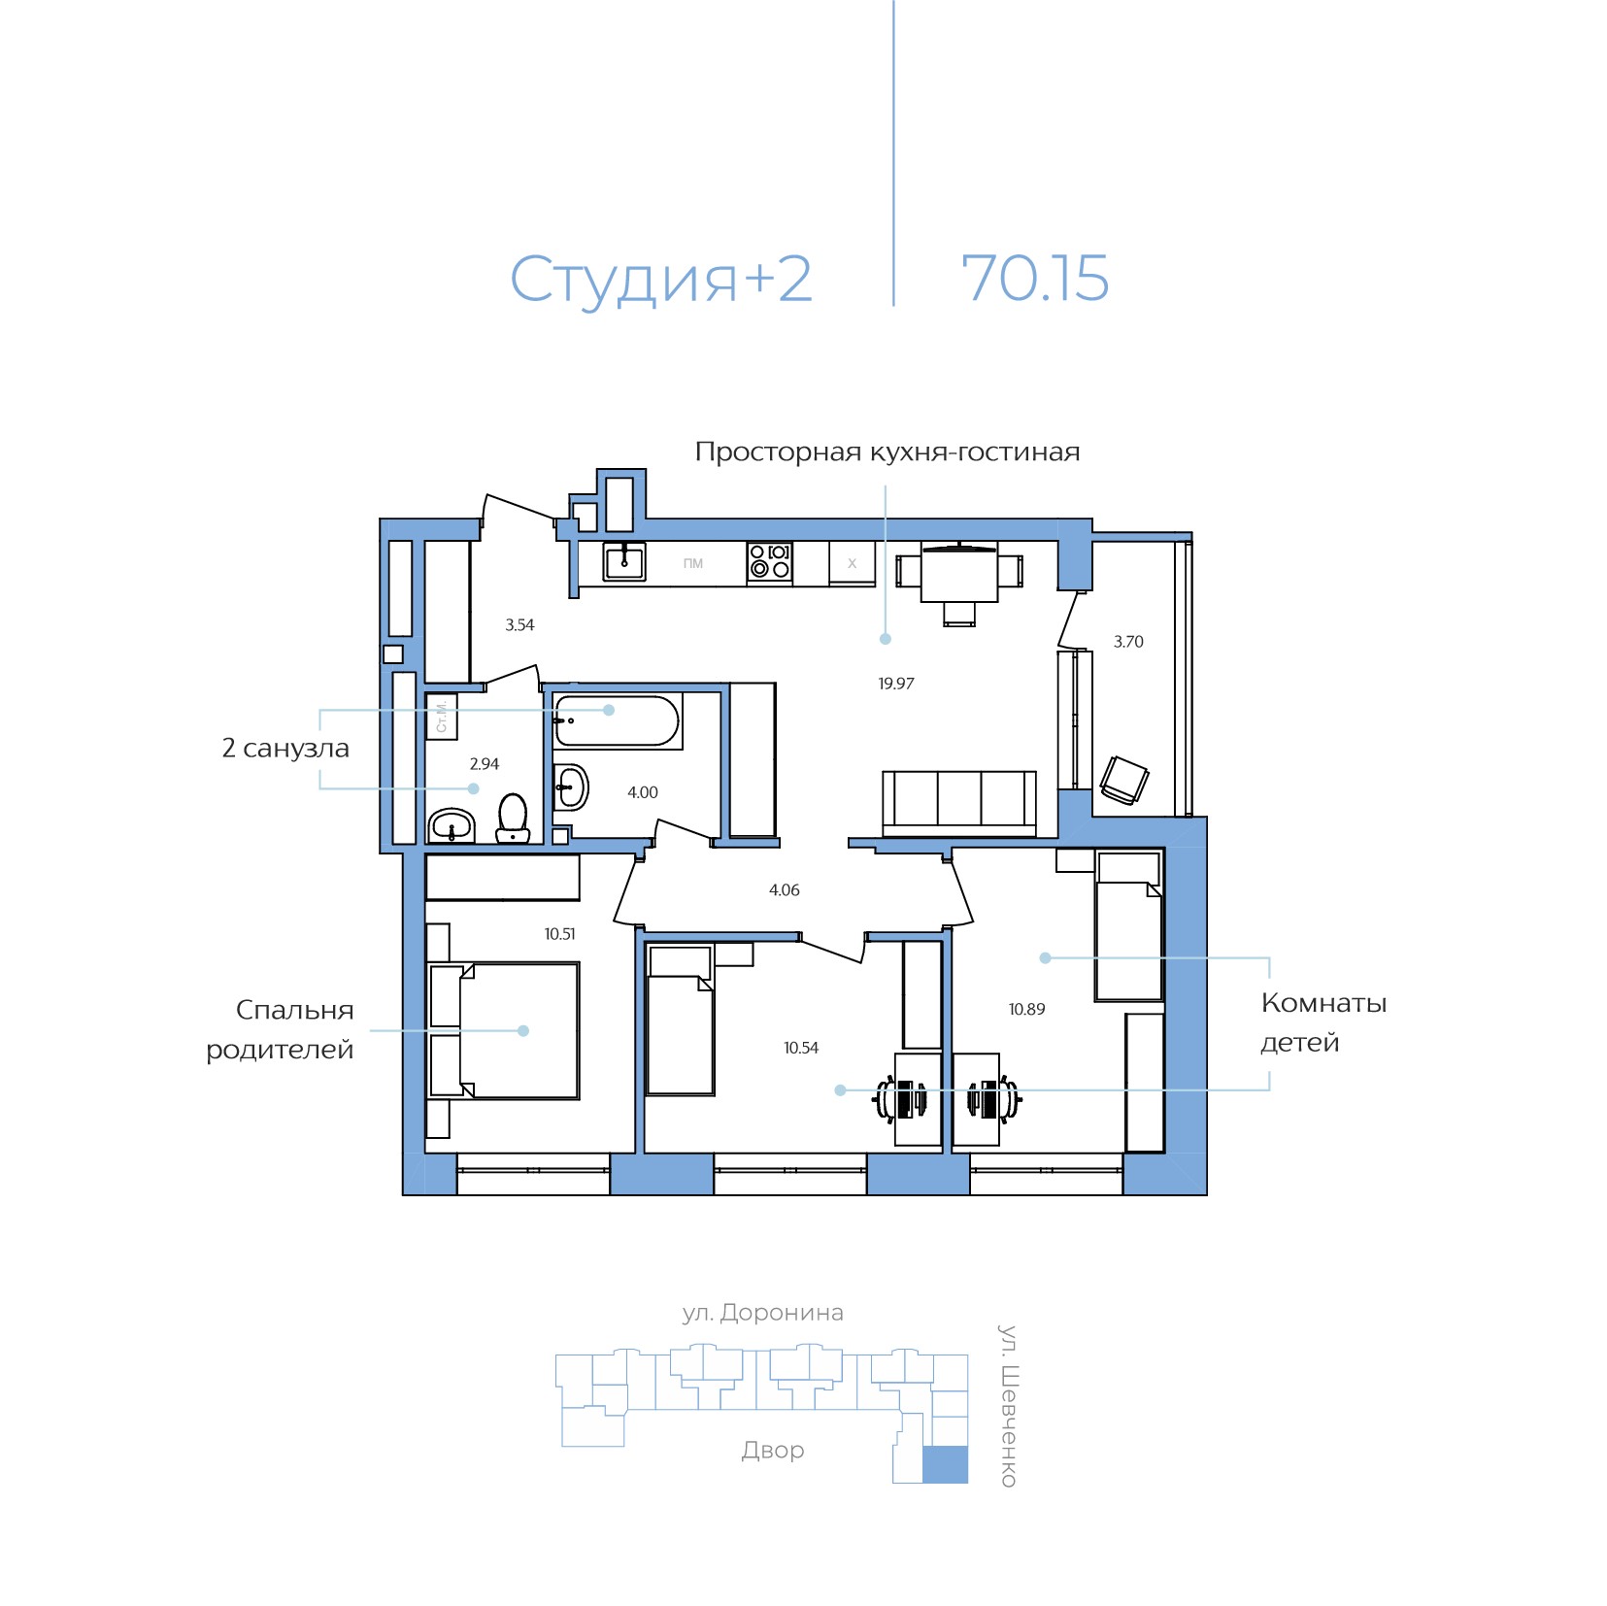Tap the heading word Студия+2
pos(660,280)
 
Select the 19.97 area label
pos(895,684)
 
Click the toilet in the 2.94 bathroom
pos(513,818)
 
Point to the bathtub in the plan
pos(617,721)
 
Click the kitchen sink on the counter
pos(624,561)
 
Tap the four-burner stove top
pos(769,562)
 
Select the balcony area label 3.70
pos(1127,642)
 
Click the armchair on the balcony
pos(1124,780)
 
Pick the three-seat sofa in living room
pos(958,802)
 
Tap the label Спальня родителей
pos(281,1029)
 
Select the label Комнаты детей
pos(1322,1022)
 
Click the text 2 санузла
pos(285,749)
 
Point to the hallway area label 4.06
pos(784,890)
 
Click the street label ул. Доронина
pos(762,1313)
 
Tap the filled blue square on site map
pos(944,1464)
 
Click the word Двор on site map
pos(773,1450)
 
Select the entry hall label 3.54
pos(519,625)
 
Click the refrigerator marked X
pos(852,563)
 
